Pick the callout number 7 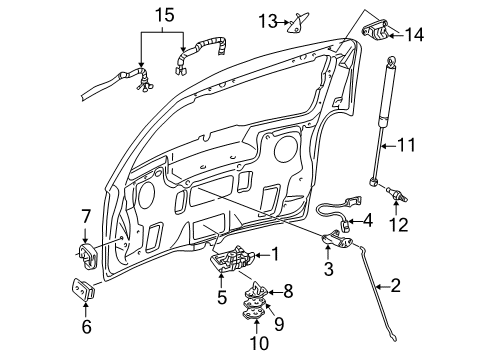pos(85,214)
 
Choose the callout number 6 pos(85,325)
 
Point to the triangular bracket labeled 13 pos(298,21)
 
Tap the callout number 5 pos(222,297)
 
